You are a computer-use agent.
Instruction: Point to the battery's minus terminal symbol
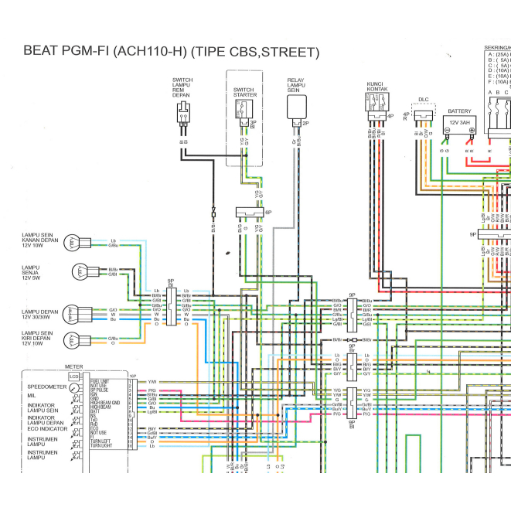(x=447, y=131)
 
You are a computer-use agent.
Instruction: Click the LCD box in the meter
(x=74, y=376)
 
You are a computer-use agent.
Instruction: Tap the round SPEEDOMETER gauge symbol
(x=74, y=386)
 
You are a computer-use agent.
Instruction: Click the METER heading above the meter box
(x=74, y=366)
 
